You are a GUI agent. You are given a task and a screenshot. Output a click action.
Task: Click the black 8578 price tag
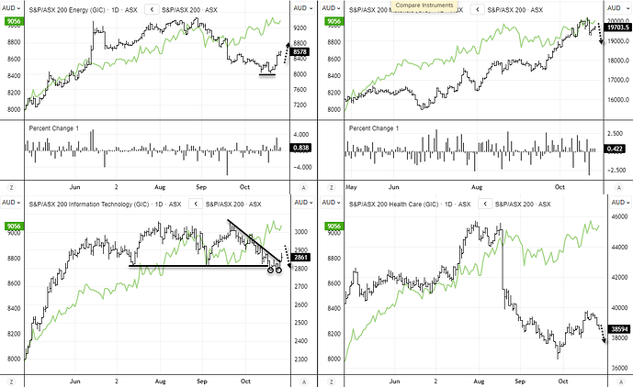[x=301, y=52]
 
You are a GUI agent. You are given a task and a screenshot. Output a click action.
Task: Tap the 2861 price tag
[x=301, y=258]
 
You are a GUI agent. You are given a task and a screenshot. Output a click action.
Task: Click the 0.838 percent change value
[x=301, y=148]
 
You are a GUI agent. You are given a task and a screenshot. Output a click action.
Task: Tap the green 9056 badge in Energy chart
[x=14, y=19]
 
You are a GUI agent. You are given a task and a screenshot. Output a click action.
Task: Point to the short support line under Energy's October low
[x=266, y=75]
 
